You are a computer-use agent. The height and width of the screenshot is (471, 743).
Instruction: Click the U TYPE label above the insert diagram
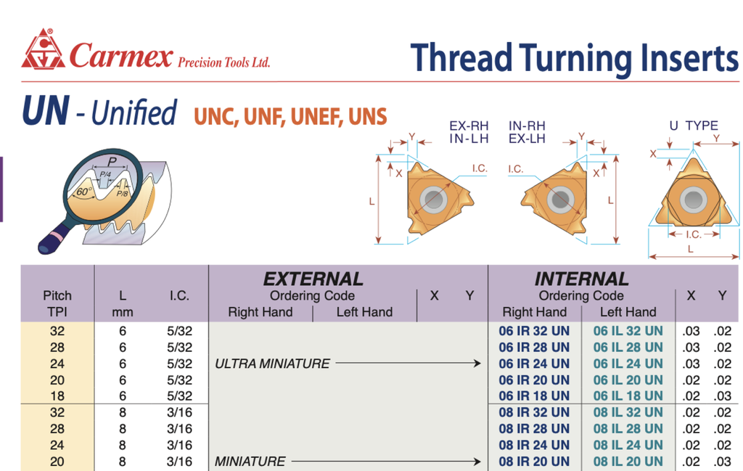[x=694, y=126]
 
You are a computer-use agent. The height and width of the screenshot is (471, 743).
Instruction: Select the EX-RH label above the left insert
[x=469, y=126]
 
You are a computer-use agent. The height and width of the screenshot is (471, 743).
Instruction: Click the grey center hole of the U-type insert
[x=693, y=200]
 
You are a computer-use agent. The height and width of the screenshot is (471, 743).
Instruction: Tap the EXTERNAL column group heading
[x=313, y=279]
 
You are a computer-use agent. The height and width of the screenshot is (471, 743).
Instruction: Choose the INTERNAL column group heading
[x=581, y=279]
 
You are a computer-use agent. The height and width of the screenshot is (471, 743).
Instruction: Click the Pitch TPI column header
[x=57, y=304]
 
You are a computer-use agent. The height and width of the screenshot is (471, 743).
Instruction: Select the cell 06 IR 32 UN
[x=534, y=331]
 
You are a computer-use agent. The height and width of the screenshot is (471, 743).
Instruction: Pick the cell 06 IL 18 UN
[x=628, y=396]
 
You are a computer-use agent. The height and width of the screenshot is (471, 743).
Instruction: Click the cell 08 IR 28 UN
[x=534, y=429]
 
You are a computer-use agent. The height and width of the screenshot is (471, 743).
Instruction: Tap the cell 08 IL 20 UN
[x=628, y=462]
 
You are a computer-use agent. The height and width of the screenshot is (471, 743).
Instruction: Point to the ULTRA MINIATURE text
[x=272, y=364]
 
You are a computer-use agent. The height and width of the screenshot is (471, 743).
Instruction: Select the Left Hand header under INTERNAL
[x=628, y=312]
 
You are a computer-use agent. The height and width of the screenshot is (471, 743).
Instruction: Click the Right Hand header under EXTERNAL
[x=260, y=312]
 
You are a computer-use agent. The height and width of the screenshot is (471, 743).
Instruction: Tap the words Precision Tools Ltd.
[x=223, y=62]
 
